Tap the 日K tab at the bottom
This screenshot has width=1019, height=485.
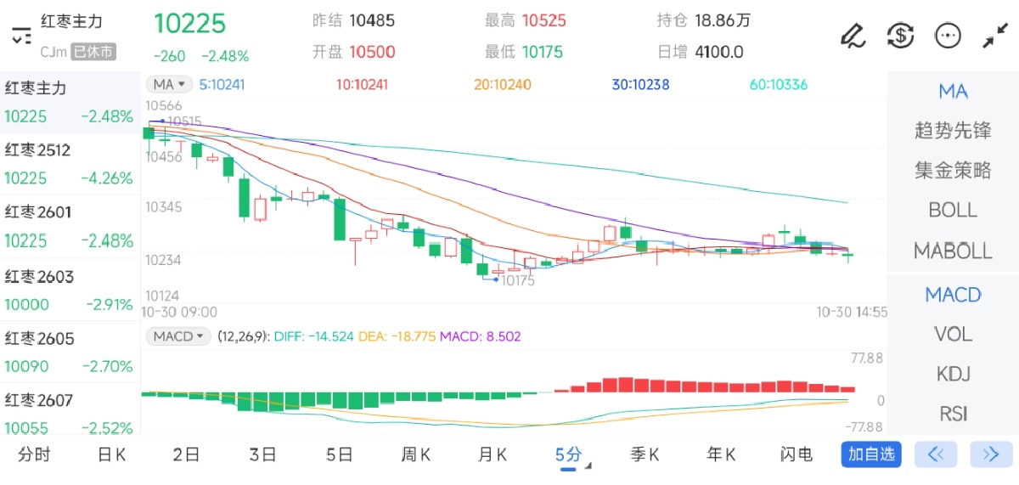click(111, 454)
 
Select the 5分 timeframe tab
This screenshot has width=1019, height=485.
click(569, 454)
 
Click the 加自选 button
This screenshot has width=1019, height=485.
click(871, 454)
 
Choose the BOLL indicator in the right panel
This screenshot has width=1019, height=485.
click(953, 210)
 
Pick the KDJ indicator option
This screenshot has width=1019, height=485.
click(953, 374)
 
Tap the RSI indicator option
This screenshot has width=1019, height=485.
click(953, 414)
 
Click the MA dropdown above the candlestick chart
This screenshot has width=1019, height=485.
click(169, 84)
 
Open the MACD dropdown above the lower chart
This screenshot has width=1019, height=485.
click(177, 336)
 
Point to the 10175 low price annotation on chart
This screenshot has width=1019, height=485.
click(517, 280)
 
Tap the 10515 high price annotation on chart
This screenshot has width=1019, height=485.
click(183, 121)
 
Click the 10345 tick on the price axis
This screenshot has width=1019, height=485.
click(163, 206)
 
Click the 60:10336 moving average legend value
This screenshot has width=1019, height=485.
click(778, 85)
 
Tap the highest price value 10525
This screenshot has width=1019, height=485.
click(543, 20)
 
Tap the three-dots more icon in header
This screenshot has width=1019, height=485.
click(947, 35)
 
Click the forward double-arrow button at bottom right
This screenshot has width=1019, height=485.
click(990, 454)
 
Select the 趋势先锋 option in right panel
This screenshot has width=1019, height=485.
click(953, 131)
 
